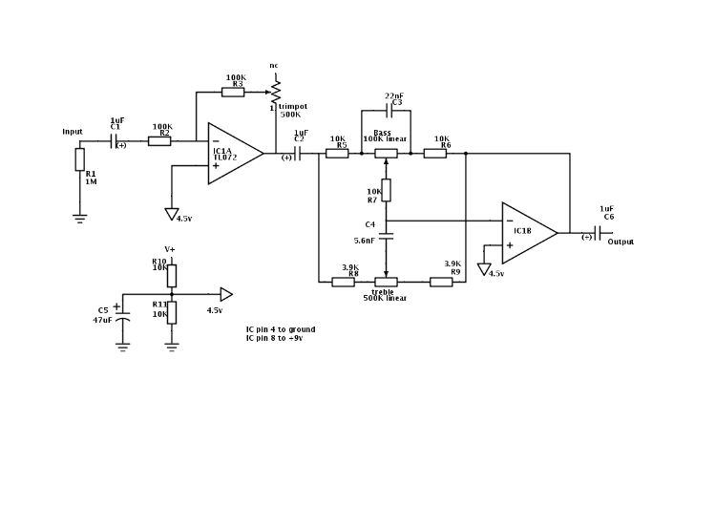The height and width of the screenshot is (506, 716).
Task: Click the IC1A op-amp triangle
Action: pos(232,153)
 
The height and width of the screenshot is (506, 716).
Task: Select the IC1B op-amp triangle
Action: pos(526,232)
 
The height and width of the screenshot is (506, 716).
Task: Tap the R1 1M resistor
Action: pos(80,159)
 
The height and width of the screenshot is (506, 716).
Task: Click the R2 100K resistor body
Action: pos(159,140)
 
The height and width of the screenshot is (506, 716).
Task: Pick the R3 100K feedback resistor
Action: pos(234,92)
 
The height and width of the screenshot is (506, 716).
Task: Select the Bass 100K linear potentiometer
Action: pos(386,153)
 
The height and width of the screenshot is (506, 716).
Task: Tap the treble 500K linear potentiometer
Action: pos(385,282)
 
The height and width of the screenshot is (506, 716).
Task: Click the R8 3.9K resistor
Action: pos(343,282)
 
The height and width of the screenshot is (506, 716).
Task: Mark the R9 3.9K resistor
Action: pos(440,282)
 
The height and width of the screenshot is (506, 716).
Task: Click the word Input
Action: pos(73,132)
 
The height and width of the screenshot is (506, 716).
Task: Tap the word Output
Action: pos(621,242)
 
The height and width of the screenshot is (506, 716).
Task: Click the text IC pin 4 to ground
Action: pos(280,329)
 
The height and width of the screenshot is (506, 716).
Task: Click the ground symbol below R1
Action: pos(80,217)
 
